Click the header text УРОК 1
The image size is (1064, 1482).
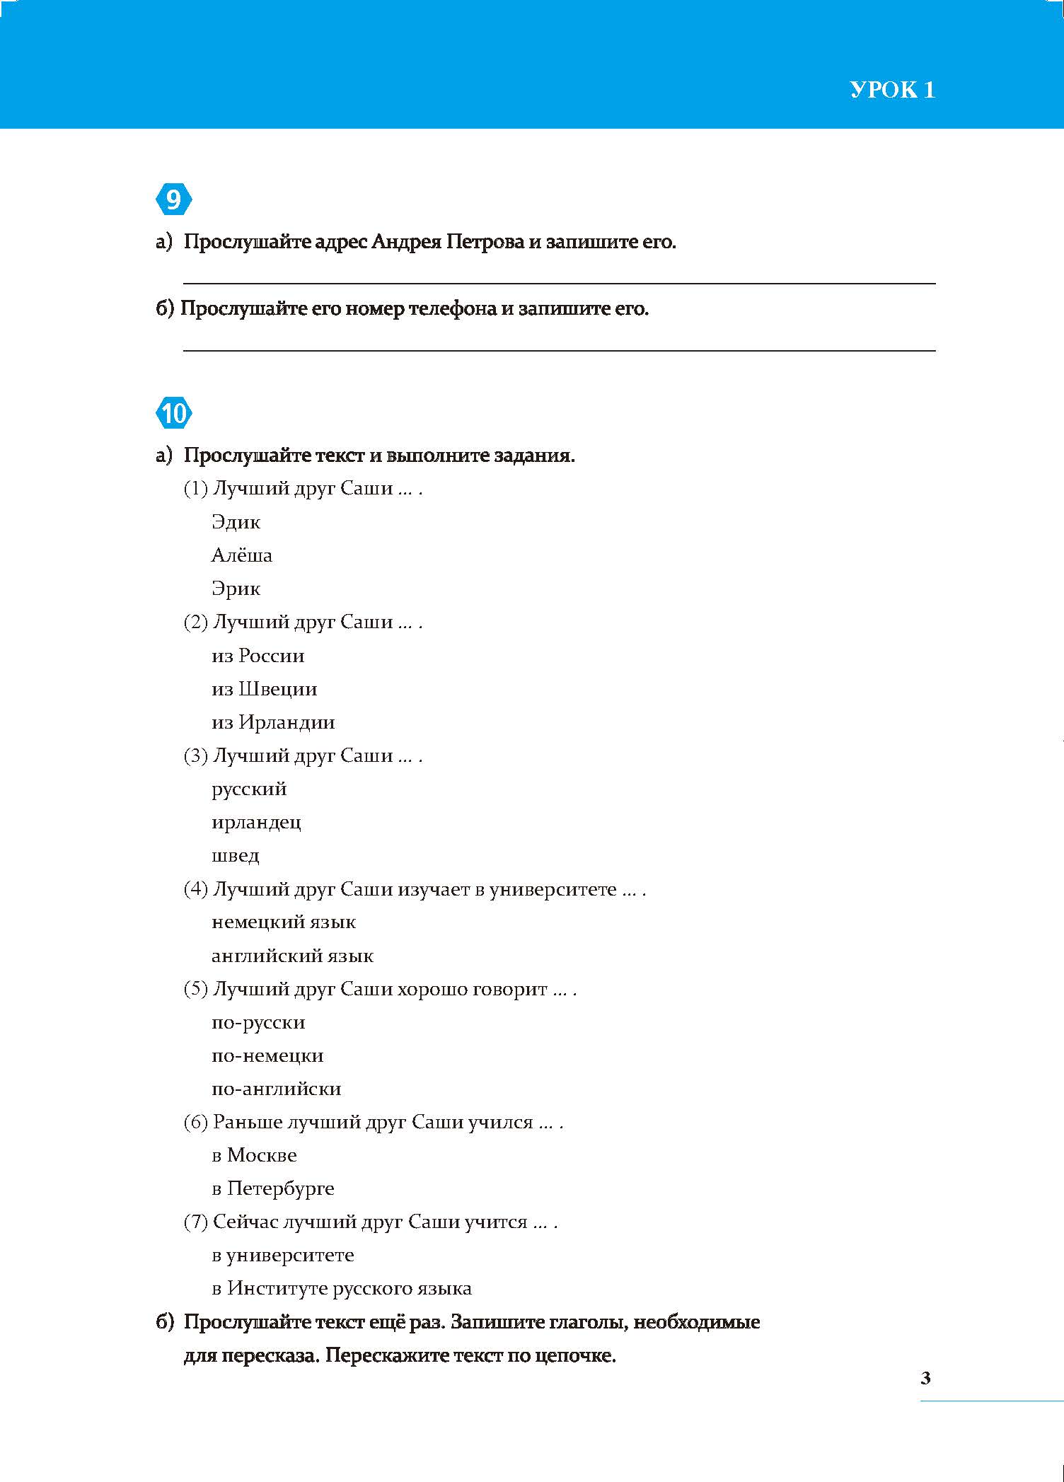pyautogui.click(x=892, y=90)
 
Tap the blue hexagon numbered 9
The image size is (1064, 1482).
pyautogui.click(x=173, y=201)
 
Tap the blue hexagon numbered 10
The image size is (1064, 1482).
pyautogui.click(x=173, y=413)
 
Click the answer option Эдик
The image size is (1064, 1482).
pyautogui.click(x=236, y=523)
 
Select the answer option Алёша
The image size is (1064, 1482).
pyautogui.click(x=241, y=555)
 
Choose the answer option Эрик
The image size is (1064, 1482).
pyautogui.click(x=236, y=589)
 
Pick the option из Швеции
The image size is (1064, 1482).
pyautogui.click(x=264, y=689)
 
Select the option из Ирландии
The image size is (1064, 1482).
pyautogui.click(x=273, y=722)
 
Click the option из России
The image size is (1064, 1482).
pyautogui.click(x=258, y=656)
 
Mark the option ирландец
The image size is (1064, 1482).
pyautogui.click(x=256, y=823)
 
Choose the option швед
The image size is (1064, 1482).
pyautogui.click(x=236, y=856)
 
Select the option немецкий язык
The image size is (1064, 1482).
pyautogui.click(x=283, y=922)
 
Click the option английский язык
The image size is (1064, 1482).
pyautogui.click(x=292, y=956)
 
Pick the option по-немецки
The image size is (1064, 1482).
pyautogui.click(x=267, y=1056)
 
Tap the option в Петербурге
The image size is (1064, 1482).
pyautogui.click(x=272, y=1189)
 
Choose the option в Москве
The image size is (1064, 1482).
pyautogui.click(x=254, y=1156)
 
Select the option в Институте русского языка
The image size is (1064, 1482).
pyautogui.click(x=342, y=1289)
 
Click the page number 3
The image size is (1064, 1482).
pyautogui.click(x=926, y=1378)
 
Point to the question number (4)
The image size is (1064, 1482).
pyautogui.click(x=195, y=889)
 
